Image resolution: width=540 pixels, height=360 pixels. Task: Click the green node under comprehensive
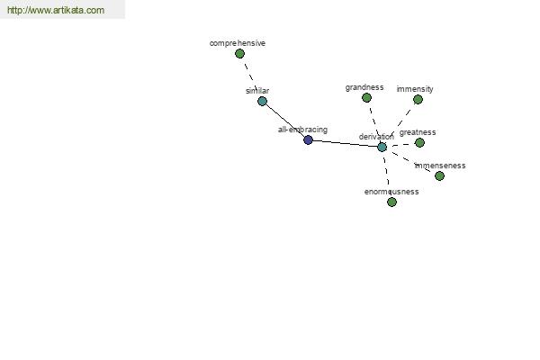[239, 54]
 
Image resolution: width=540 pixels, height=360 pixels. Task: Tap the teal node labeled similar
[263, 102]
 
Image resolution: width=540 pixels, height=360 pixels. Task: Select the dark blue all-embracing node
[308, 139]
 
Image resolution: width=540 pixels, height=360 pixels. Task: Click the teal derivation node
[382, 147]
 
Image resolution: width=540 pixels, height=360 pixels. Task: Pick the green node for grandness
[367, 98]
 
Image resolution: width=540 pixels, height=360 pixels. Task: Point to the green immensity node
[418, 100]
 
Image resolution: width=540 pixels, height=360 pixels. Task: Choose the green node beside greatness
[419, 142]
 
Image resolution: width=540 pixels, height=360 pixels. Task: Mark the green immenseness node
[439, 176]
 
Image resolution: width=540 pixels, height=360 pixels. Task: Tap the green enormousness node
[391, 202]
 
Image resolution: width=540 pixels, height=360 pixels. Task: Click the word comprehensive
[238, 43]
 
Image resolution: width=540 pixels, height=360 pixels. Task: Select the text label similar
[257, 91]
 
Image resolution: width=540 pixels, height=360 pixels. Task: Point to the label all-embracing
[302, 130]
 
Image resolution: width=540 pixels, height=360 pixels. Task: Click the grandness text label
[364, 87]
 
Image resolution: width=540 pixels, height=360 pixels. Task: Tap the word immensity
[415, 89]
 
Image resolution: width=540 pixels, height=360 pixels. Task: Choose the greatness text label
[418, 132]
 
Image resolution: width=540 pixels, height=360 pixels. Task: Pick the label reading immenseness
[440, 166]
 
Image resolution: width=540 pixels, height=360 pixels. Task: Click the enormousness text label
[391, 192]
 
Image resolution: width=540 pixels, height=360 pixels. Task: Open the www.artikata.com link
[56, 10]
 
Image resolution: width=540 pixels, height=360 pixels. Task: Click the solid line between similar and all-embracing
[285, 121]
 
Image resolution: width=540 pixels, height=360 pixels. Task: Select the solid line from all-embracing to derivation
[345, 143]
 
